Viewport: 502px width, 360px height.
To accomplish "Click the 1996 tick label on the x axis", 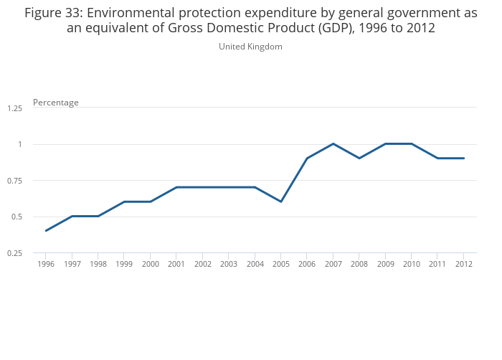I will pyautogui.click(x=46, y=264).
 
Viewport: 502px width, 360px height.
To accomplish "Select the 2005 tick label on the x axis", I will pyautogui.click(x=280, y=264).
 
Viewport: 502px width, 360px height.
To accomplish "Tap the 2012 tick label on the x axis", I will pyautogui.click(x=463, y=264).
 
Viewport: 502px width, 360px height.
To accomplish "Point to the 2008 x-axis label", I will pyautogui.click(x=359, y=264).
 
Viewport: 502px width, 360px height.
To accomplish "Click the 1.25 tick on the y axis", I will pyautogui.click(x=15, y=108).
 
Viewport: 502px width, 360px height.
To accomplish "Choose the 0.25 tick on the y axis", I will pyautogui.click(x=15, y=253).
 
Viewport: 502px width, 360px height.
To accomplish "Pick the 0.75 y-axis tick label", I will pyautogui.click(x=15, y=181).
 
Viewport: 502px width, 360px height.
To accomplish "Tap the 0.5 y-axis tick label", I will pyautogui.click(x=17, y=217).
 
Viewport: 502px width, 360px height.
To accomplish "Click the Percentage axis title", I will pyautogui.click(x=56, y=103).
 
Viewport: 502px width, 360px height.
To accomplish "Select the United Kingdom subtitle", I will pyautogui.click(x=250, y=47).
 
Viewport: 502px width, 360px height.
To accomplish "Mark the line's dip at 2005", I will pyautogui.click(x=280, y=202).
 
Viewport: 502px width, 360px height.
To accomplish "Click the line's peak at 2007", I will pyautogui.click(x=333, y=143).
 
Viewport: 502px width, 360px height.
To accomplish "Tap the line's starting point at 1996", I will pyautogui.click(x=46, y=230).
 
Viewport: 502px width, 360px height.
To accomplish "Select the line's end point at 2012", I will pyautogui.click(x=463, y=158).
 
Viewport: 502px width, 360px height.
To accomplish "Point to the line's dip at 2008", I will pyautogui.click(x=359, y=158).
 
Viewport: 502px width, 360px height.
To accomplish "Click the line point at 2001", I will pyautogui.click(x=176, y=187).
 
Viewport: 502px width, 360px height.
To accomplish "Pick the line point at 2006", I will pyautogui.click(x=307, y=158).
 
